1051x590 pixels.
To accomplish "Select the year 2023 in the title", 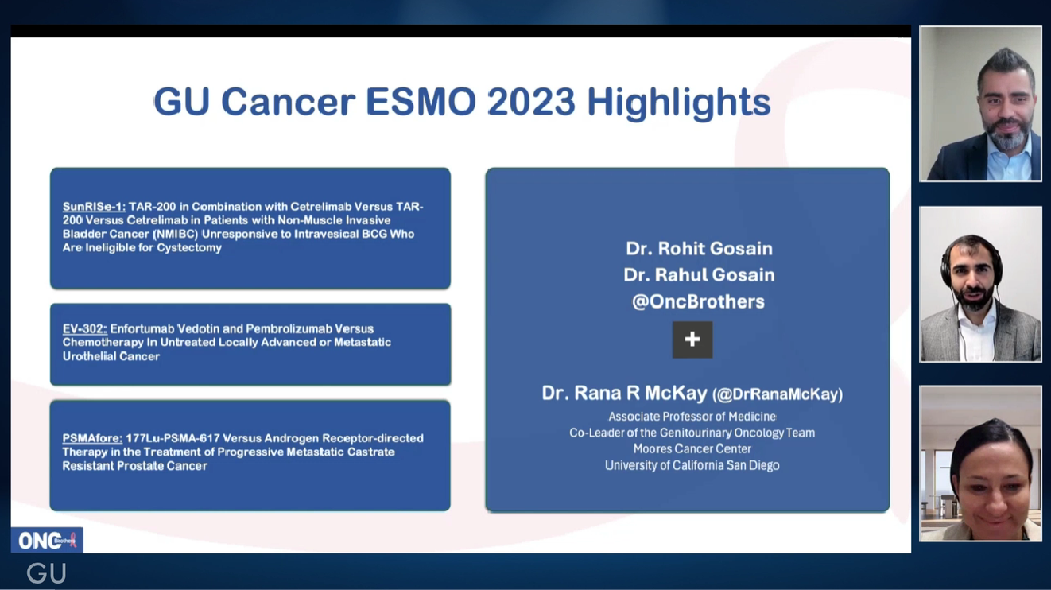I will click(x=530, y=103).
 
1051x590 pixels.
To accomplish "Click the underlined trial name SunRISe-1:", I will click(x=94, y=207).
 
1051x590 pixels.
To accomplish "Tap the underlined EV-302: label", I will click(x=84, y=328).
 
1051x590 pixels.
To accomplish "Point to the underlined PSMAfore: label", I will click(x=92, y=438).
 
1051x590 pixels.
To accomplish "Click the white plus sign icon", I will click(x=692, y=340).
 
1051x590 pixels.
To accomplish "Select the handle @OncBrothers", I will click(x=698, y=301).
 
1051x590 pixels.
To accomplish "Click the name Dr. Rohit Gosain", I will click(x=699, y=248).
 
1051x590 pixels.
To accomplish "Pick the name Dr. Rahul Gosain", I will click(x=699, y=274).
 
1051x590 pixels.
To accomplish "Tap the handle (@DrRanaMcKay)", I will click(x=778, y=394).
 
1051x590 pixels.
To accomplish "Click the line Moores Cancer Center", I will click(x=692, y=448).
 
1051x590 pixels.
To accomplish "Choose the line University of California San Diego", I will click(x=692, y=465).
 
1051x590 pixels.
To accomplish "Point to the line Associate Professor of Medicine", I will click(x=692, y=417).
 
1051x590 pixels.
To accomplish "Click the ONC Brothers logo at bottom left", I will click(x=46, y=541).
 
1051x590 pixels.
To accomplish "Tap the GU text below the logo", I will click(x=46, y=573).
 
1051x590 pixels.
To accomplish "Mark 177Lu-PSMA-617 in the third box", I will click(x=167, y=438).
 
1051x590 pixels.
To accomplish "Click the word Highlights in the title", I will click(x=678, y=103).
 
